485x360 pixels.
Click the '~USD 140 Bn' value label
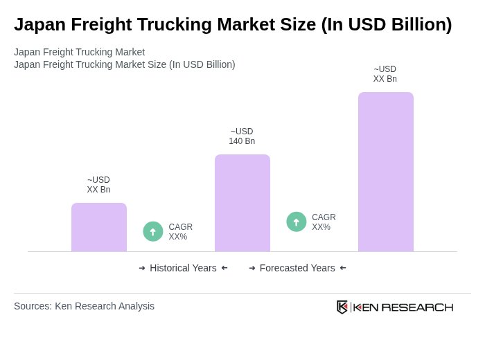[x=242, y=136]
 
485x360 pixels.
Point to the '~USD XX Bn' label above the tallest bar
[x=385, y=74]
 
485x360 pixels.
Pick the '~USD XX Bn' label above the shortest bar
[x=98, y=185]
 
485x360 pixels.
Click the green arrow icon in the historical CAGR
[x=153, y=231]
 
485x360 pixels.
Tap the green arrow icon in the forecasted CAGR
[x=297, y=222]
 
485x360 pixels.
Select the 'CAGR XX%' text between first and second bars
[x=180, y=232]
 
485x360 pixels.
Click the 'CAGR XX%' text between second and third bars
[x=324, y=222]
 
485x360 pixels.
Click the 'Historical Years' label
[x=183, y=268]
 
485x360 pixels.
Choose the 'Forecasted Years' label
[x=297, y=268]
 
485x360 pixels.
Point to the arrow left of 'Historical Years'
[x=142, y=268]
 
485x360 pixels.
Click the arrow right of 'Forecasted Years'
[x=343, y=268]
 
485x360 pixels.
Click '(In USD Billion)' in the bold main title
[x=386, y=24]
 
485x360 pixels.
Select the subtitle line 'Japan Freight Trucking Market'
[x=79, y=52]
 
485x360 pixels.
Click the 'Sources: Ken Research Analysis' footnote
[x=84, y=306]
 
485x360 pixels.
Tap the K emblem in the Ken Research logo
[x=342, y=307]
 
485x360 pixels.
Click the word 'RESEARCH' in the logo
[x=417, y=307]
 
